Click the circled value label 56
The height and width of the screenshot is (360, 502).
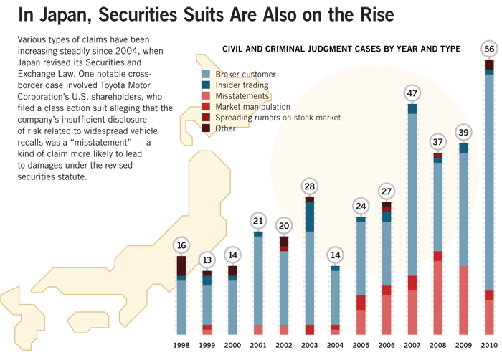pyautogui.click(x=489, y=49)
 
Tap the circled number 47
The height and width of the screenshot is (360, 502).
pyautogui.click(x=412, y=93)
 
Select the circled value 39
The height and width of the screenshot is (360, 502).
pyautogui.click(x=463, y=132)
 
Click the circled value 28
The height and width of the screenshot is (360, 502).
pyautogui.click(x=310, y=186)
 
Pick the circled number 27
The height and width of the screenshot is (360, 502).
pyautogui.click(x=387, y=191)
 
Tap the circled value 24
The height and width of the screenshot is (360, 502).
pyautogui.click(x=361, y=207)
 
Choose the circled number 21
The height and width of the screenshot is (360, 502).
pyautogui.click(x=259, y=220)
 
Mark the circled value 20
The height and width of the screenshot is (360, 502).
pyautogui.click(x=284, y=224)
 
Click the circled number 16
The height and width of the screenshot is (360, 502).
pyautogui.click(x=181, y=245)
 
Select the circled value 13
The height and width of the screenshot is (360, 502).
pyautogui.click(x=207, y=260)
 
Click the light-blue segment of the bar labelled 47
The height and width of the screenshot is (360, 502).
pyautogui.click(x=412, y=194)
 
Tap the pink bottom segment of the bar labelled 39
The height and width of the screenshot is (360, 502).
pyautogui.click(x=463, y=301)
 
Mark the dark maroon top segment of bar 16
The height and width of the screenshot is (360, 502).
pyautogui.click(x=181, y=265)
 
